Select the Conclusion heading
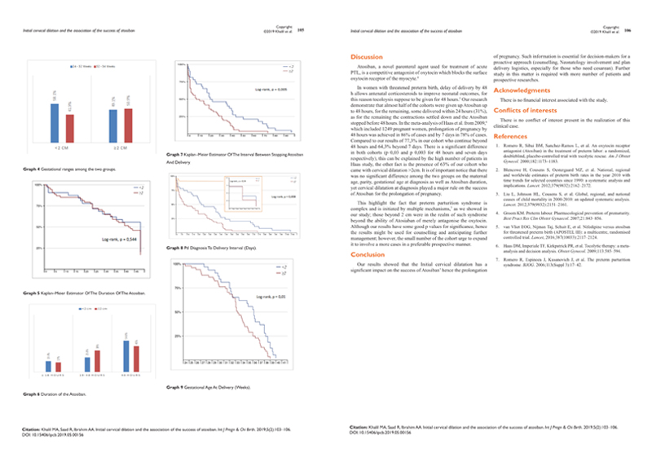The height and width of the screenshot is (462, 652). point(365,254)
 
